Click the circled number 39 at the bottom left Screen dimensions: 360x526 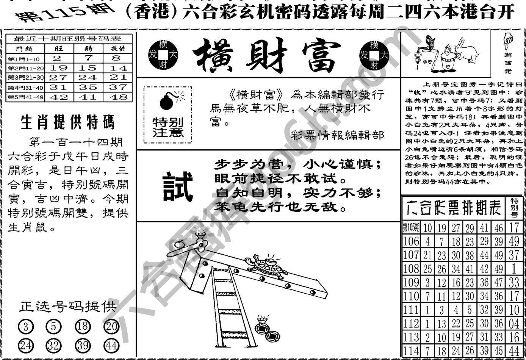[83, 346]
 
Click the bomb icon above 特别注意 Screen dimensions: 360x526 [167, 101]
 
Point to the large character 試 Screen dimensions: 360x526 [177, 186]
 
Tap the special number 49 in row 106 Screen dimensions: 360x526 [514, 241]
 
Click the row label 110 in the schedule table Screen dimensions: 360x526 [411, 296]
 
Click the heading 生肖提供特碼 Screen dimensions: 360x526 [67, 122]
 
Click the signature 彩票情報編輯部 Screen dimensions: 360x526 [338, 135]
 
